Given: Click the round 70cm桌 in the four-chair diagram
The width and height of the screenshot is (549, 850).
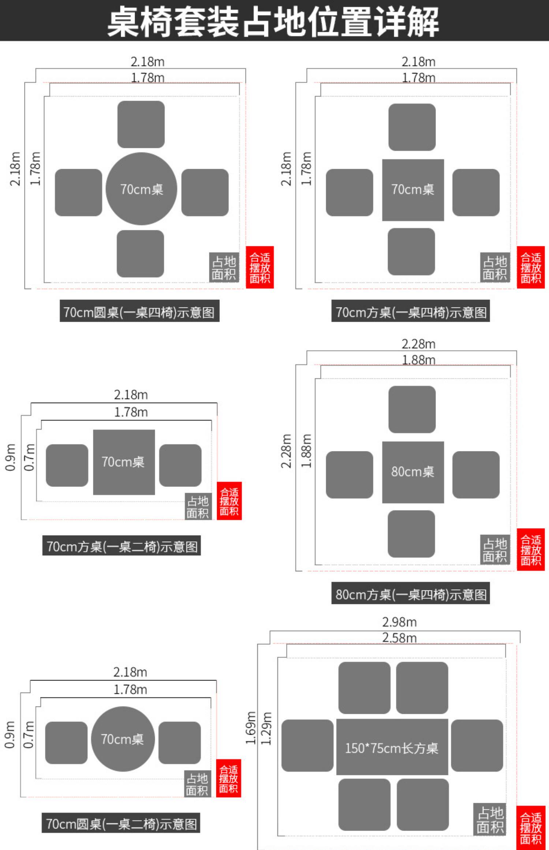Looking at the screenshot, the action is [x=141, y=189].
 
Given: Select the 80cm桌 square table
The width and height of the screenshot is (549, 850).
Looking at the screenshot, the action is [x=413, y=472].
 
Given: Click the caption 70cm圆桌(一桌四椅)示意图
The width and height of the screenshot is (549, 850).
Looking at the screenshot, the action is [x=139, y=312].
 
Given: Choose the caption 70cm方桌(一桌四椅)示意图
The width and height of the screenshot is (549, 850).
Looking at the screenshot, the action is [x=411, y=312].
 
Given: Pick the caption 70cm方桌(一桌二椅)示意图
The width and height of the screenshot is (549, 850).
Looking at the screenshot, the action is [x=122, y=547].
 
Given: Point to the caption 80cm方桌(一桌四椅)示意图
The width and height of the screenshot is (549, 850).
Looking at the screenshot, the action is [x=411, y=594].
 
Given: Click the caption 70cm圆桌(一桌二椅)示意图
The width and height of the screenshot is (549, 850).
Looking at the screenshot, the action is [x=121, y=824].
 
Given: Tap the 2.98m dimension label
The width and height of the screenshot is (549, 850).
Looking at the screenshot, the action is [x=399, y=622].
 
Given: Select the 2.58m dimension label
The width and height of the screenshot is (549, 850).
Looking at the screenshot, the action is [x=399, y=638].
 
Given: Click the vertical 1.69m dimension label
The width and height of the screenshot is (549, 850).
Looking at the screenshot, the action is [x=251, y=728].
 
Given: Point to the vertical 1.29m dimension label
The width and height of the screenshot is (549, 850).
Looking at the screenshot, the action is [x=267, y=729].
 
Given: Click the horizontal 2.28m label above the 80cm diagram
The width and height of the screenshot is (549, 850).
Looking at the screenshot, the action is [x=418, y=344].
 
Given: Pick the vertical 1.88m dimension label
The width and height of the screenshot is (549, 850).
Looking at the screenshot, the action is [x=306, y=451].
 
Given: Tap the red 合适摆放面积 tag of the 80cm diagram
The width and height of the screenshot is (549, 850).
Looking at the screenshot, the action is [x=531, y=549].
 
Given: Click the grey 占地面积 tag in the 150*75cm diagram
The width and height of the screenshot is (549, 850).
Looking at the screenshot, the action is [x=490, y=820].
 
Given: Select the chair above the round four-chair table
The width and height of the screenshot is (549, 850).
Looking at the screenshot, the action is [x=141, y=124].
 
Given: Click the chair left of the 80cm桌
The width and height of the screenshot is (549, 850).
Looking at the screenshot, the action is [x=350, y=475].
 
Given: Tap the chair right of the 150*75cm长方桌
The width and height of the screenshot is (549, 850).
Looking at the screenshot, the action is [x=477, y=746].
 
